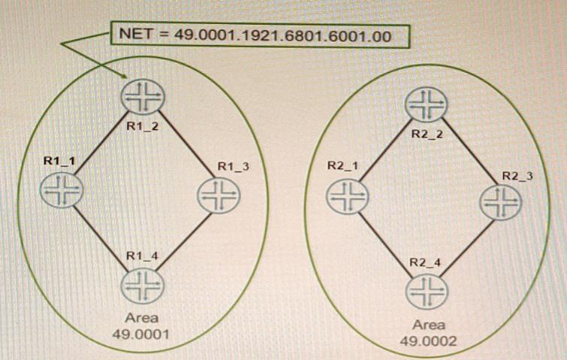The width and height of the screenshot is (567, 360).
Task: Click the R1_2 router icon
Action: click(143, 97)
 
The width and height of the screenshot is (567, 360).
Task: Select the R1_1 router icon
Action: click(62, 190)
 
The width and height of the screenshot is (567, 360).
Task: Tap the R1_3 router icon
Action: click(219, 195)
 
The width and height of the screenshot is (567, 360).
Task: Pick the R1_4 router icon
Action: click(143, 286)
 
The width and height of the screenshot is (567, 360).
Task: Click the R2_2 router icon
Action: click(427, 104)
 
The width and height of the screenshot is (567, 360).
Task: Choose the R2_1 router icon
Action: click(348, 197)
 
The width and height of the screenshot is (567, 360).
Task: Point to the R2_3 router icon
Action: click(501, 202)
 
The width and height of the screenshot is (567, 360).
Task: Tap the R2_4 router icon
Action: click(427, 292)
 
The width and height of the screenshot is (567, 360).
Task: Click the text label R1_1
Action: click(59, 161)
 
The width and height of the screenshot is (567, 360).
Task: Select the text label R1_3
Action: click(234, 166)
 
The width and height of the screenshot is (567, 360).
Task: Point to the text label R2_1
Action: click(342, 165)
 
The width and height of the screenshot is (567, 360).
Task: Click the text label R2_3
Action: click(517, 176)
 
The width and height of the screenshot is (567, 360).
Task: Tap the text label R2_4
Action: click(425, 262)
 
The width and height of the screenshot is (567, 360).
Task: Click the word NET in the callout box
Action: click(137, 34)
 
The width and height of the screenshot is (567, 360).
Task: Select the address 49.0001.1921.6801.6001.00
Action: click(283, 36)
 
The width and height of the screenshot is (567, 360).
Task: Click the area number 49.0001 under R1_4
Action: click(140, 334)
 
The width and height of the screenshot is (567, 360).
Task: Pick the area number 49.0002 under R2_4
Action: click(428, 340)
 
